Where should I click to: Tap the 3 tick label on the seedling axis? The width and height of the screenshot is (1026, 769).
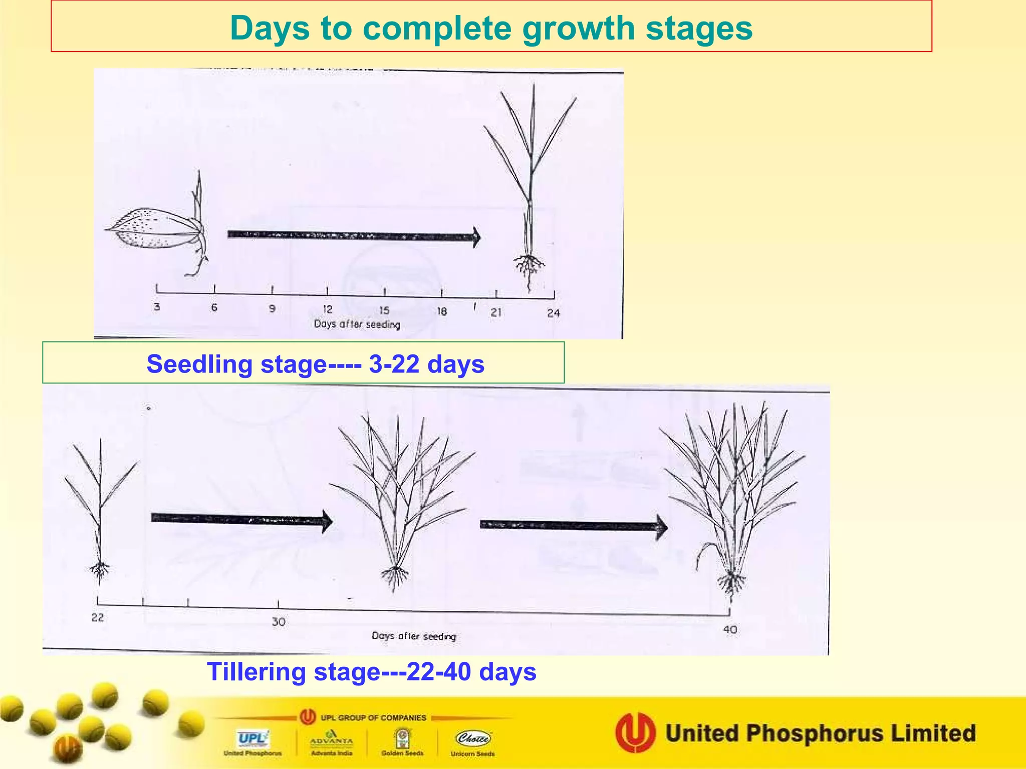click(x=157, y=306)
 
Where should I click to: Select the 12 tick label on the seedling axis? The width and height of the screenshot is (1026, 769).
click(x=328, y=309)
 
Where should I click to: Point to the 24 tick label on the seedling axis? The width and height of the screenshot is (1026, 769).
click(x=553, y=313)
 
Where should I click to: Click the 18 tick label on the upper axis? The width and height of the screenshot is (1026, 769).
click(x=441, y=311)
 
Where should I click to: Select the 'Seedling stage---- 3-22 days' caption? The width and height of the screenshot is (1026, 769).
click(x=315, y=364)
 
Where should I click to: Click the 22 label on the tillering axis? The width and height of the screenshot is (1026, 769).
click(x=98, y=617)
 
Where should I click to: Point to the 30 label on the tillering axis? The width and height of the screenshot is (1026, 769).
click(x=279, y=622)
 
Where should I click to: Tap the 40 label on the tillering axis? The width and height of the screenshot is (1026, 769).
click(x=730, y=629)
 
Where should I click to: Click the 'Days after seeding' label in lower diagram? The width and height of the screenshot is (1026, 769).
click(x=414, y=636)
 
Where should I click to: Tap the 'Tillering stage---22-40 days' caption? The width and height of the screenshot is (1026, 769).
click(x=371, y=672)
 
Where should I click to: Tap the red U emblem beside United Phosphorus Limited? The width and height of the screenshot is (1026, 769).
click(x=635, y=732)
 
